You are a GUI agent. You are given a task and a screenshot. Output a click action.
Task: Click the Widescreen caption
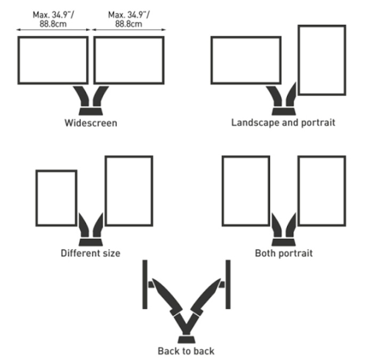click(91, 123)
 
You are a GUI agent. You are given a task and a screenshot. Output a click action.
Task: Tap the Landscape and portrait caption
click(283, 123)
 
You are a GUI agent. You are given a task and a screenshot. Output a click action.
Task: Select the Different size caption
click(90, 253)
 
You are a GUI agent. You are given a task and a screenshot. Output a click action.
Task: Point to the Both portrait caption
click(283, 253)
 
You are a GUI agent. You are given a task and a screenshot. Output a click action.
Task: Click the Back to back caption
click(186, 351)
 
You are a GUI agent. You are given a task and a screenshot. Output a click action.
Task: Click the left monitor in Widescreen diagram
click(53, 60)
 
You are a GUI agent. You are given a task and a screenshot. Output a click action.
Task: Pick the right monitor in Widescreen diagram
click(128, 60)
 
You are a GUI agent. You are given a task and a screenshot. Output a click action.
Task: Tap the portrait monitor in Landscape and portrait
click(321, 60)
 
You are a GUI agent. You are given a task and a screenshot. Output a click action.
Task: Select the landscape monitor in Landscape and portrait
click(246, 60)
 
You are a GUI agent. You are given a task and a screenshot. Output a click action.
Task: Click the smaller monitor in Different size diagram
click(56, 198)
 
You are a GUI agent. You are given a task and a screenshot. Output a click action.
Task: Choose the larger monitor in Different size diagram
click(128, 190)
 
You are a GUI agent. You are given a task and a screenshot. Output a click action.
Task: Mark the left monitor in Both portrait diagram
click(246, 190)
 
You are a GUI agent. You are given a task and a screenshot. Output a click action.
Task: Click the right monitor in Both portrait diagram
click(321, 190)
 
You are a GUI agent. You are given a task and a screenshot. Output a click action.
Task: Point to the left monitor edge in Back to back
click(145, 284)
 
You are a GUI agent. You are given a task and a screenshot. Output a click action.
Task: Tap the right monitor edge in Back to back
click(228, 284)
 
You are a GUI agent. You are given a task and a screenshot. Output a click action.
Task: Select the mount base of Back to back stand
click(186, 339)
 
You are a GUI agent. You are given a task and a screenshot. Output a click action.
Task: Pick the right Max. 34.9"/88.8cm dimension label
click(128, 20)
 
